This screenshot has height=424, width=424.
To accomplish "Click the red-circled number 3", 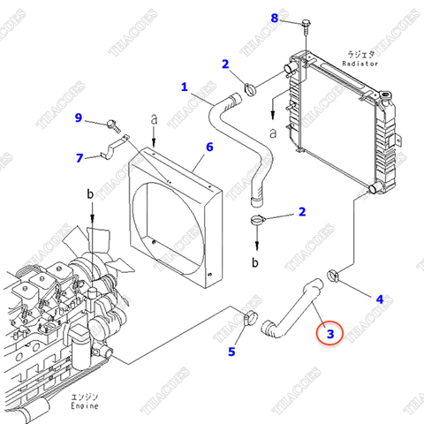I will [x=329, y=333].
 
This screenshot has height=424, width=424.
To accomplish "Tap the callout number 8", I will [x=274, y=18].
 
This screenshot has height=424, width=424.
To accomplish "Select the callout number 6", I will [x=209, y=148].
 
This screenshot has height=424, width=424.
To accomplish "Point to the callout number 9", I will [x=78, y=118].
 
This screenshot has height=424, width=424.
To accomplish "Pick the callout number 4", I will [x=379, y=299].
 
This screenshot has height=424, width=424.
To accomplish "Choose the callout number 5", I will [x=231, y=352].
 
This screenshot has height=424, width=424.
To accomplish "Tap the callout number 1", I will [x=185, y=87].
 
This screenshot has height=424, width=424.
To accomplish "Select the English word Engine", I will [x=84, y=408].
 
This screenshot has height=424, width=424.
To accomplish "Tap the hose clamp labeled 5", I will [x=249, y=318].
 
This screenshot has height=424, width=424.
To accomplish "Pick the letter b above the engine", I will [x=90, y=193].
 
